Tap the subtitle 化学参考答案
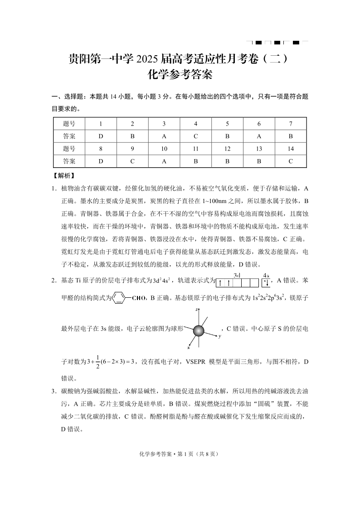coord(180,75)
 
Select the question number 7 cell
coord(291,124)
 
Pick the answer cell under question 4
coord(195,136)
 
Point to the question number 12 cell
coord(227,149)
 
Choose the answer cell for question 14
coord(291,161)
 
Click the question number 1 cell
coord(101,124)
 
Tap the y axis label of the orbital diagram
coord(219,337)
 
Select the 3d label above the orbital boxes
coord(237,275)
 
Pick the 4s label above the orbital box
coord(266,275)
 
